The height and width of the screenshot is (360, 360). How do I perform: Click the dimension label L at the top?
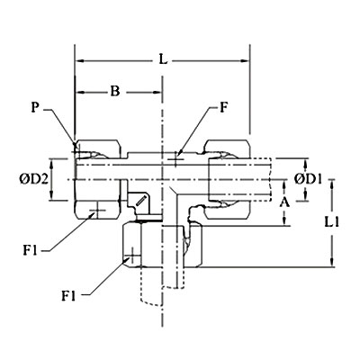163,60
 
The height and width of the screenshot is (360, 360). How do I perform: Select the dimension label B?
114,92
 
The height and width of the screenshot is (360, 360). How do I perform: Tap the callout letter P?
35,108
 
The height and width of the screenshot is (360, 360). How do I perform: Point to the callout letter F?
223,108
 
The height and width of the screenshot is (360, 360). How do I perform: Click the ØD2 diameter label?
33,180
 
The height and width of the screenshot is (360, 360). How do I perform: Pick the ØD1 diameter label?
308,180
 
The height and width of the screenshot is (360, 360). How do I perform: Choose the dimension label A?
284,203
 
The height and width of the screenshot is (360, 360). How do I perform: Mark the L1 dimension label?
332,222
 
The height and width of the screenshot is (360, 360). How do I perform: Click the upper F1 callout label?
30,250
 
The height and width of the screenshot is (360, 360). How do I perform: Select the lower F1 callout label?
68,296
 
